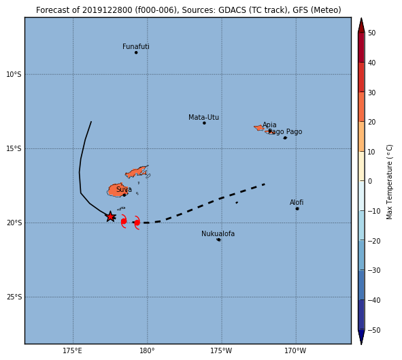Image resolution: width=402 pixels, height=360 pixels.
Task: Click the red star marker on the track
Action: [110, 216]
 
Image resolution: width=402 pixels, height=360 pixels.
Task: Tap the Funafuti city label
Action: [136, 46]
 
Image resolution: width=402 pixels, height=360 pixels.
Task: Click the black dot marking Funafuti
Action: [136, 52]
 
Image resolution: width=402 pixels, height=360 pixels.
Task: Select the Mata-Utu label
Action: [203, 117]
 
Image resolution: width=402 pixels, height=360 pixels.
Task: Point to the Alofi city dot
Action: [297, 209]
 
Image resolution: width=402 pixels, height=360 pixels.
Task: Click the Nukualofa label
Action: [218, 233]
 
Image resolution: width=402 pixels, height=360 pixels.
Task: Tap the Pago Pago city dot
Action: [285, 138]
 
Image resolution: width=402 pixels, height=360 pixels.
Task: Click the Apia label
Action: [269, 125]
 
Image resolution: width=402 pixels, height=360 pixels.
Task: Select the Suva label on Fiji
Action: [124, 189]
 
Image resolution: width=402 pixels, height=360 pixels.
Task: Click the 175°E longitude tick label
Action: [73, 350]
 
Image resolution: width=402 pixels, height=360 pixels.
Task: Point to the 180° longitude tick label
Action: [147, 350]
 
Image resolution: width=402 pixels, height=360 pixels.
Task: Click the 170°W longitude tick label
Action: [295, 350]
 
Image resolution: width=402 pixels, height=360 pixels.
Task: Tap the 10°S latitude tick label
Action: [14, 74]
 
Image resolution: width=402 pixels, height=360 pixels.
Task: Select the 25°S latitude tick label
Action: [14, 297]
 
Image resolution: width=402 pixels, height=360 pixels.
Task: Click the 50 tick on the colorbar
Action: [371, 33]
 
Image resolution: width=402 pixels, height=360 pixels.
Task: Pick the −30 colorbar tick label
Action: [374, 270]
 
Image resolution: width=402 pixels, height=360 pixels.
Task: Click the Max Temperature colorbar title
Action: [389, 182]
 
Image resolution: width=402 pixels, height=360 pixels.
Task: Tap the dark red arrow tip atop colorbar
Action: [361, 18]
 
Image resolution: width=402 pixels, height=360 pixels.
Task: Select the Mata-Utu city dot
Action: [204, 123]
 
